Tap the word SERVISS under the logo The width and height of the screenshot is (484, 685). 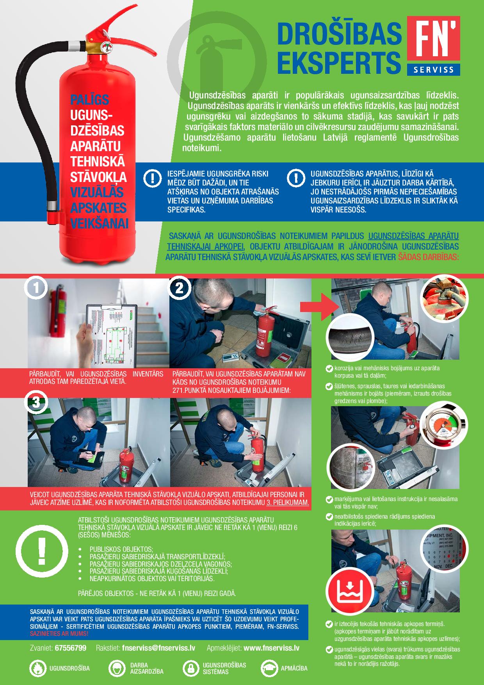coord(433,70)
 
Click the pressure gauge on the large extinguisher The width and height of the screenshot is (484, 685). coord(106,47)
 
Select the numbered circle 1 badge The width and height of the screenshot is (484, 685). coord(36,289)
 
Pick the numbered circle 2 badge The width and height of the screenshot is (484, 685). coord(179,289)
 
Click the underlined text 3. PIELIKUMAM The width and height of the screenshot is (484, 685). coord(288,503)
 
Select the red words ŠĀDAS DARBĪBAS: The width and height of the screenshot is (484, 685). coord(428,257)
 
